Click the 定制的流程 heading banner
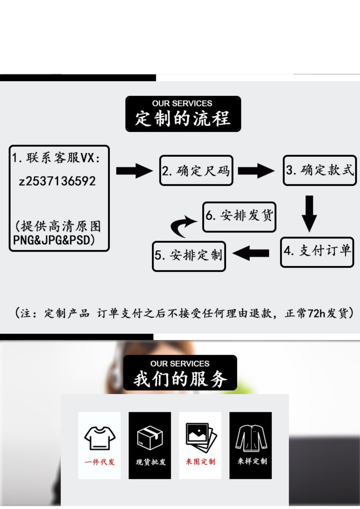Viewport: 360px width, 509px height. pos(183,114)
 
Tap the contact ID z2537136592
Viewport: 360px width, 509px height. pos(57,181)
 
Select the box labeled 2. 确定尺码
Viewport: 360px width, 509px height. pos(196,170)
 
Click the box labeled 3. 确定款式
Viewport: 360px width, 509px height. pos(320,170)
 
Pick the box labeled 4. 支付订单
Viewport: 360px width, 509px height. pos(317,252)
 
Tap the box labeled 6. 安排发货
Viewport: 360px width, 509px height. pos(239,217)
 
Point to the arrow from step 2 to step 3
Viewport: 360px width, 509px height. pos(256,171)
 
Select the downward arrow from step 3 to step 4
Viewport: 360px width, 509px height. pos(309,213)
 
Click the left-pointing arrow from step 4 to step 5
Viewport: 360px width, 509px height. pos(251,253)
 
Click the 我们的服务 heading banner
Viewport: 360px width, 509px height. pos(180,373)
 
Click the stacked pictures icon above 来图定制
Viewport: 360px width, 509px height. pos(201,437)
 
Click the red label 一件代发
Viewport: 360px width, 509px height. pos(100,462)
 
